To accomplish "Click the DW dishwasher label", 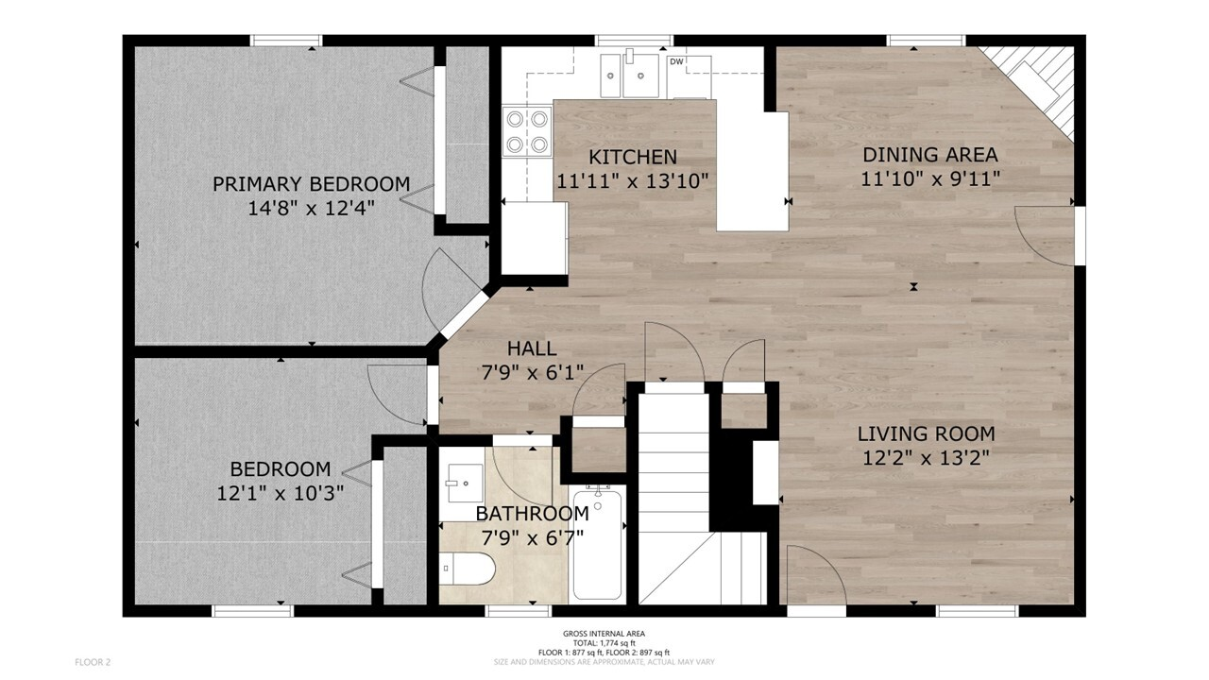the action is (676, 61).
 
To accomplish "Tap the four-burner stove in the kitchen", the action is (527, 131).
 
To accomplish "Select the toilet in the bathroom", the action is (467, 569).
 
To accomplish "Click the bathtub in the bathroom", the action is (597, 543).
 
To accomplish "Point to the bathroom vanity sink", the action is (465, 483).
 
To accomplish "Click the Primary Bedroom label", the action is (312, 184).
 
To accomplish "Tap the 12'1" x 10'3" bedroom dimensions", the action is (281, 493).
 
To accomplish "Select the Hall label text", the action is (532, 348).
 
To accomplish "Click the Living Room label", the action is (927, 433).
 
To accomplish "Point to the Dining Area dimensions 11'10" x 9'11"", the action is (930, 178).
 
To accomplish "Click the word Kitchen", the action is (633, 157).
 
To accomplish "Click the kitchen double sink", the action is (630, 75).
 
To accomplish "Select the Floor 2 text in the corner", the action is (93, 662).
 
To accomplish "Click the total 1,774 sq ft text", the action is (604, 643).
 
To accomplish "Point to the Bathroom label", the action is (532, 514).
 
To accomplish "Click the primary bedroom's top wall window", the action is (286, 41).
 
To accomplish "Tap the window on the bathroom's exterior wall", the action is (518, 611).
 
